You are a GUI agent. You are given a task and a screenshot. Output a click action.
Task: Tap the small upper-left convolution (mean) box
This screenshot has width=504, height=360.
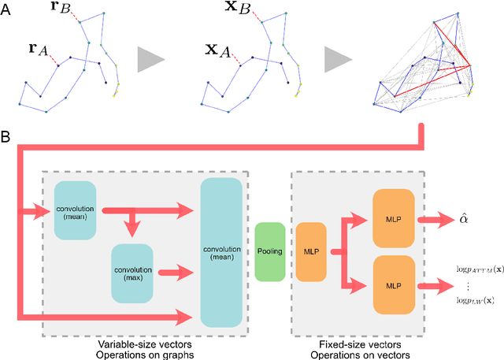pos(75,210)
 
